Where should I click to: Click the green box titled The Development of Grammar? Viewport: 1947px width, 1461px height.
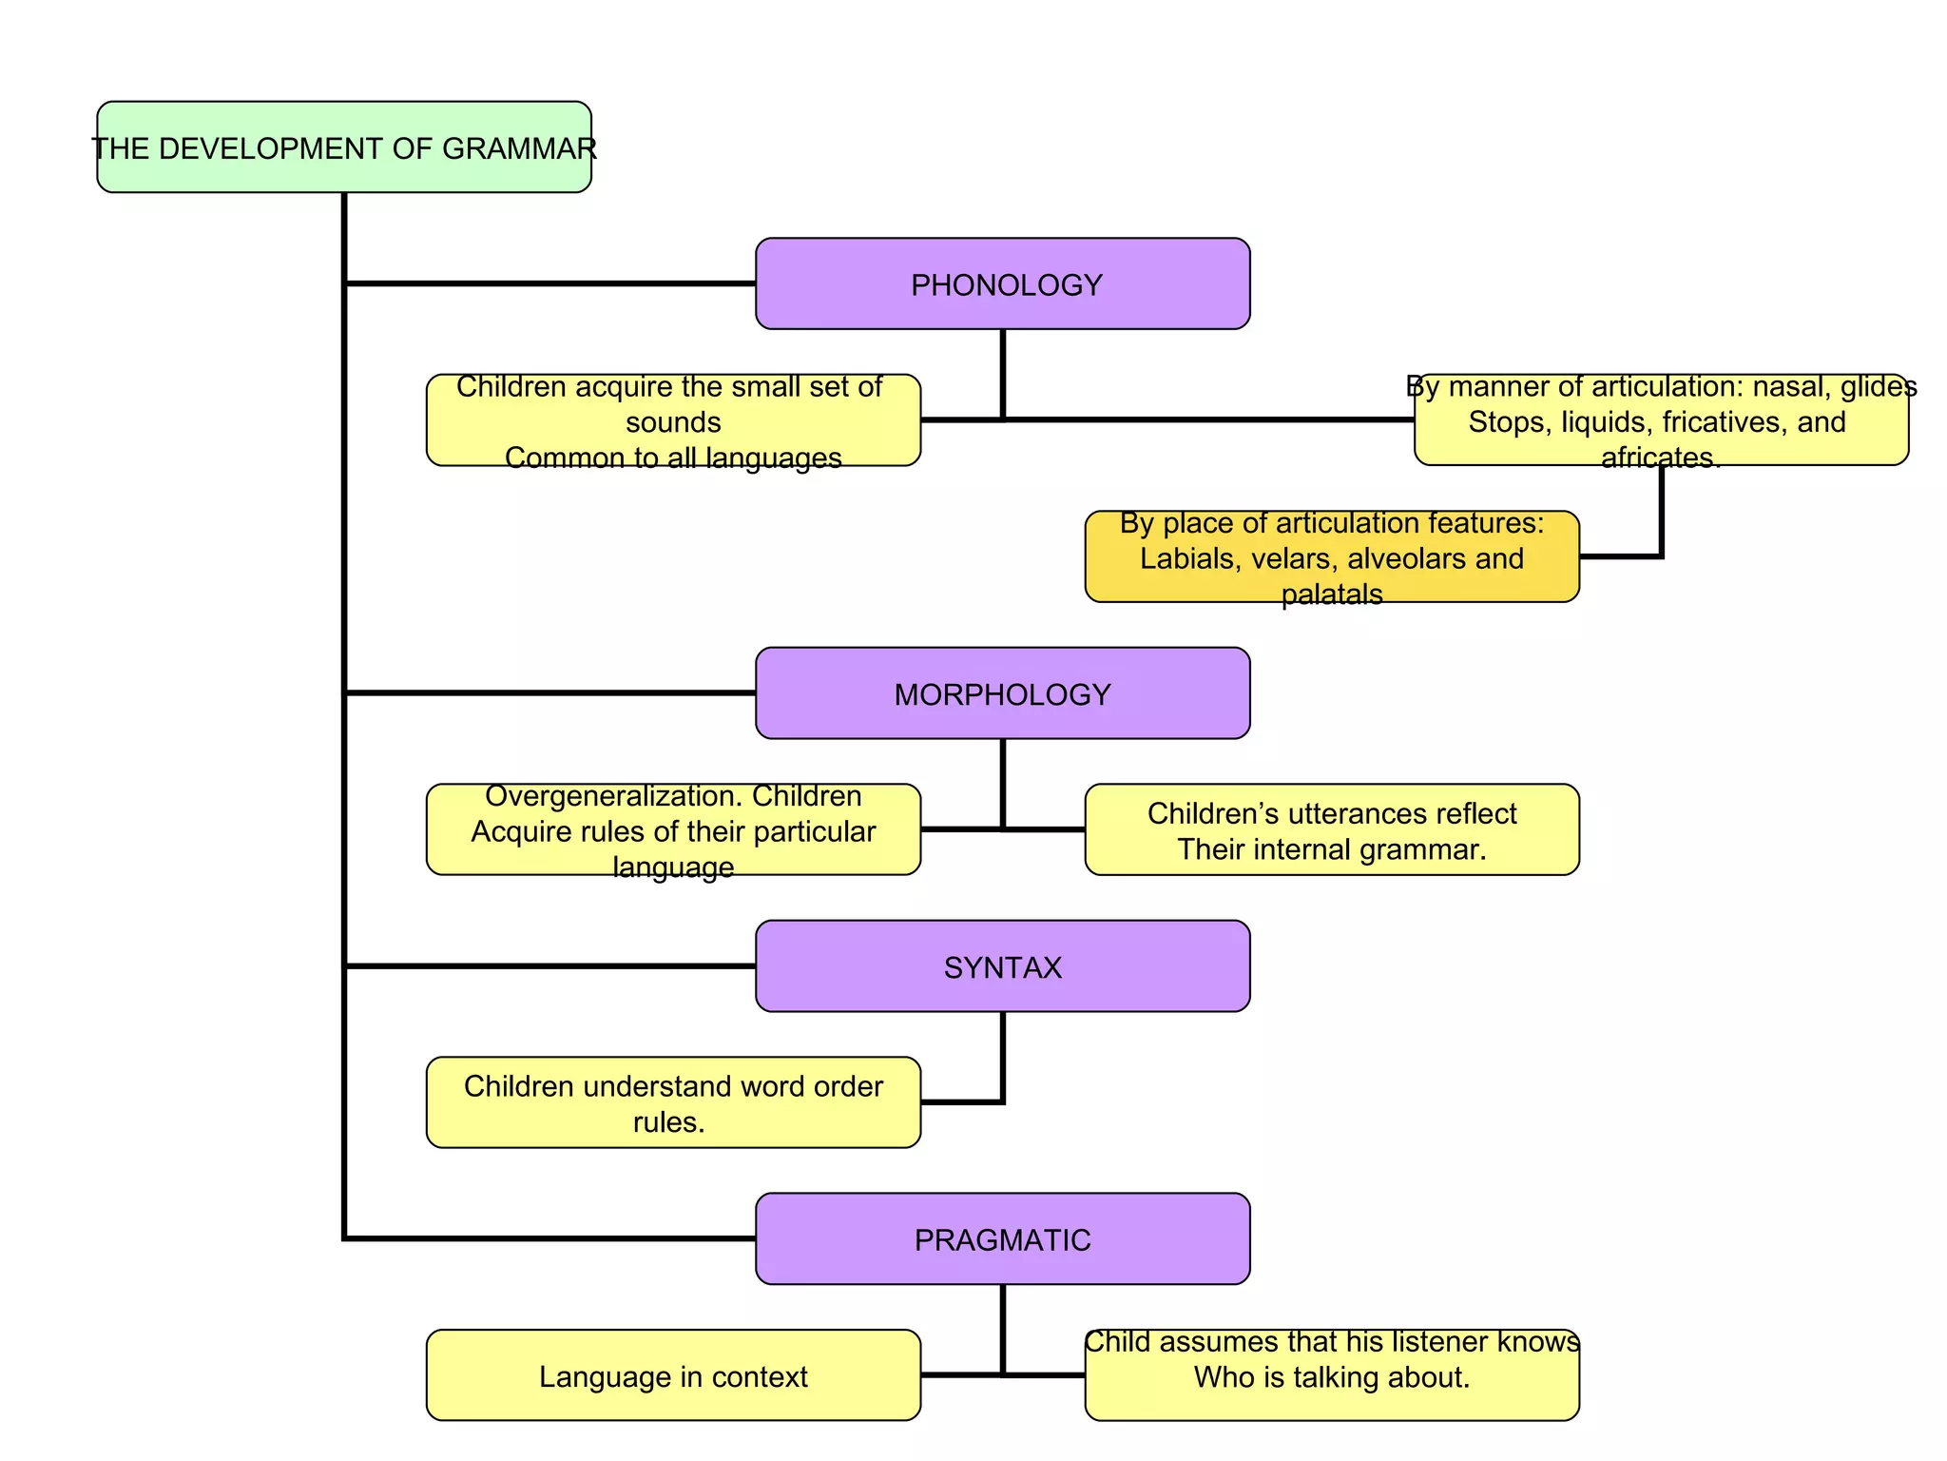[x=343, y=147]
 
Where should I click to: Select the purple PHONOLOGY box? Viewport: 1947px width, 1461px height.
[x=1002, y=283]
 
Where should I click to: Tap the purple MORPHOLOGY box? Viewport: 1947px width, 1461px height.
[x=1002, y=693]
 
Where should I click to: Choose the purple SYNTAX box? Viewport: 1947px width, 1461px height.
[x=1002, y=966]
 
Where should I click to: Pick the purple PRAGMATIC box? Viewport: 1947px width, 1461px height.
[x=1002, y=1238]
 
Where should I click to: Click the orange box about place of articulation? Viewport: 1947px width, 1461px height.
[x=1331, y=556]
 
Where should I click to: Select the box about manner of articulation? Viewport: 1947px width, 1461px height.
[x=1660, y=420]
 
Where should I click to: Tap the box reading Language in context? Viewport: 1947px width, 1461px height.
[x=673, y=1375]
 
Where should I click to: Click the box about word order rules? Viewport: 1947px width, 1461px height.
[x=673, y=1102]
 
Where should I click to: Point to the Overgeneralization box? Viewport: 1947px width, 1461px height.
[x=673, y=829]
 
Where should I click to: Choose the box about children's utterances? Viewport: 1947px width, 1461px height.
[x=1331, y=829]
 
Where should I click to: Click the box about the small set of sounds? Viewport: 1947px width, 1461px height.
[x=673, y=420]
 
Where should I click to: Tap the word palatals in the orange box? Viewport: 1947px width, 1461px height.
[x=1331, y=594]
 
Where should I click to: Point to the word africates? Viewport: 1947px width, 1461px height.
[x=1660, y=458]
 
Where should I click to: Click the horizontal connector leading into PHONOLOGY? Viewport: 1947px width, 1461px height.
[x=551, y=283]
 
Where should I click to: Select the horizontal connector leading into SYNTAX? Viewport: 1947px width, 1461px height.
[x=551, y=966]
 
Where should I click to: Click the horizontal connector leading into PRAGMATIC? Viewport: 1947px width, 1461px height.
[x=551, y=1238]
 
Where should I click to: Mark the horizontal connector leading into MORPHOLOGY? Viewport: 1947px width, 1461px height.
[x=551, y=693]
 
